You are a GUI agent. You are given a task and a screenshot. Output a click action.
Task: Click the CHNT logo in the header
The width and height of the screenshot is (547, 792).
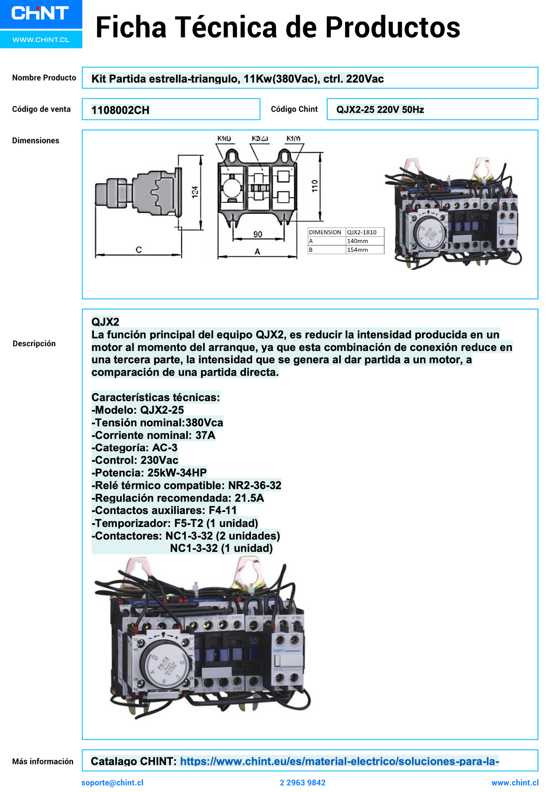tap(40, 13)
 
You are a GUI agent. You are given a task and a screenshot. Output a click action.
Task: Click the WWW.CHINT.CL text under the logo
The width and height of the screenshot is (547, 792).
tap(41, 40)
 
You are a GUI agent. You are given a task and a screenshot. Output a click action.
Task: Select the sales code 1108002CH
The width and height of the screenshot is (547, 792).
tap(120, 110)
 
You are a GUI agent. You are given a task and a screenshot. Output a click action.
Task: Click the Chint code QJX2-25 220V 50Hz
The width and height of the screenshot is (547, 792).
tap(380, 110)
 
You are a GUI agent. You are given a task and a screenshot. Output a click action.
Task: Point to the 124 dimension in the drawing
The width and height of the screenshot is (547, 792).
tap(195, 192)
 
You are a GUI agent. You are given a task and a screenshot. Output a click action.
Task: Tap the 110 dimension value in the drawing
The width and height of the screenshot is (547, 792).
tap(315, 186)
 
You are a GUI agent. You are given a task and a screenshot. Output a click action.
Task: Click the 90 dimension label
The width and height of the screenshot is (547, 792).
tap(258, 234)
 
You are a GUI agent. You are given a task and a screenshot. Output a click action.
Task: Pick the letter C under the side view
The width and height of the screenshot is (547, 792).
tap(139, 250)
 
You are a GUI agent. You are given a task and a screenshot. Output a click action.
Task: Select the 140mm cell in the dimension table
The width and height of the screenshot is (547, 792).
tap(357, 241)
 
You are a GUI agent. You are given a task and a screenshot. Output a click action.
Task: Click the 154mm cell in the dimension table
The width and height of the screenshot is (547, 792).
tap(357, 250)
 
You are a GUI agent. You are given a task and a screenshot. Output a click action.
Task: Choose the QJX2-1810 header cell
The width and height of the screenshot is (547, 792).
tap(362, 232)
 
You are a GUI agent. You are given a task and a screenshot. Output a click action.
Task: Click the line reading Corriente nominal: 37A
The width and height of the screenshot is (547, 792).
tap(153, 435)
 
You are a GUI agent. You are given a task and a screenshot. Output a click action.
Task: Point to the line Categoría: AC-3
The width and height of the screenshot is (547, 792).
tap(134, 448)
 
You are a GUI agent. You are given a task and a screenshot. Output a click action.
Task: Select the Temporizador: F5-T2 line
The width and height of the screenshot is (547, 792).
tap(175, 523)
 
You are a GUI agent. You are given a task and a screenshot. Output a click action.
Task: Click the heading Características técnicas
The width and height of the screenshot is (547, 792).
tap(156, 398)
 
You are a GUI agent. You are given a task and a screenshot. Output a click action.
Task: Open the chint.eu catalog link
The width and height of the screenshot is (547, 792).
tap(339, 761)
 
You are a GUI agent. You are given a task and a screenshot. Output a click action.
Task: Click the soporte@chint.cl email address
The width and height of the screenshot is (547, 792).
tap(112, 783)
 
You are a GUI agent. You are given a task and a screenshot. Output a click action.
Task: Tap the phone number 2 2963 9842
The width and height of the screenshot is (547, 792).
tap(302, 783)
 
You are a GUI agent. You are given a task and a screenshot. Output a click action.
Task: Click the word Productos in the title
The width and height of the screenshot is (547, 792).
tap(393, 27)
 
